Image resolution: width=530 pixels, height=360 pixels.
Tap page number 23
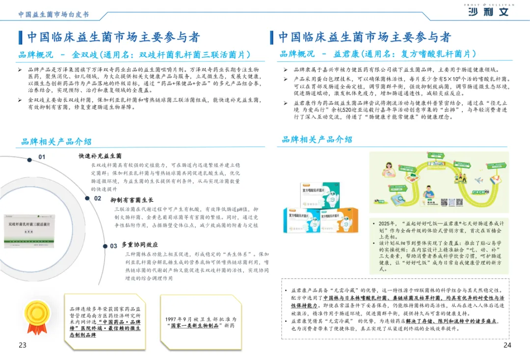coord(23,345)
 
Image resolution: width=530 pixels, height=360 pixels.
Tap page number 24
coord(507,345)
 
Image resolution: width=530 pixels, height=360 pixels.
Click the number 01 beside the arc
coord(42,157)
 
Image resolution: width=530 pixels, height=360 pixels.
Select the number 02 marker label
coord(98,198)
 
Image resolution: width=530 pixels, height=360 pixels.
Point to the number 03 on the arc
coord(113,246)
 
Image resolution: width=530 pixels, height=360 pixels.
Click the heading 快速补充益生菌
coord(100,156)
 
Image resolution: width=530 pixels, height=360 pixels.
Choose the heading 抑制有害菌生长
coord(132,200)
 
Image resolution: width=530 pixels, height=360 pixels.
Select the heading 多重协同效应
coord(140,245)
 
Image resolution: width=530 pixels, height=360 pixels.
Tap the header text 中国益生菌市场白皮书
coord(53,14)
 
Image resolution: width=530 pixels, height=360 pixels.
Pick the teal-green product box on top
coord(324,194)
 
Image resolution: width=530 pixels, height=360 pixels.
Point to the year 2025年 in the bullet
coord(388,223)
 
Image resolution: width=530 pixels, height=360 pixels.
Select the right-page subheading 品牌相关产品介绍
coord(317,139)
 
